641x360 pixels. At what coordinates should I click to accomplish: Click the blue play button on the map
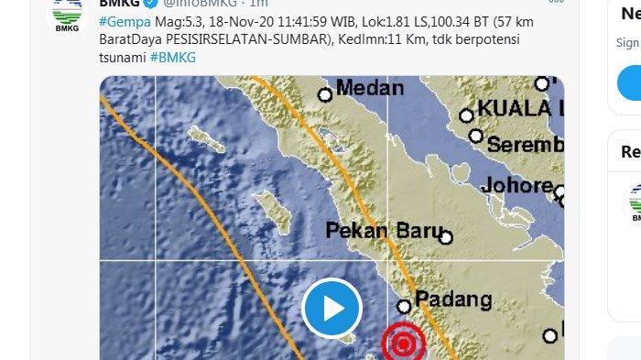pyautogui.click(x=331, y=309)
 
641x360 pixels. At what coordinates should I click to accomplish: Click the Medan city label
pyautogui.click(x=370, y=88)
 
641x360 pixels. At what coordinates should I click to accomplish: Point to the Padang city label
pyautogui.click(x=454, y=300)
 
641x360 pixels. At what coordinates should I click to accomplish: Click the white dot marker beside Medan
pyautogui.click(x=324, y=93)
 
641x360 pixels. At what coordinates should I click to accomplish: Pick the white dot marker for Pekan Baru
pyautogui.click(x=446, y=237)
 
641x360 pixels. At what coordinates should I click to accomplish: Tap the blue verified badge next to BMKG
pyautogui.click(x=153, y=4)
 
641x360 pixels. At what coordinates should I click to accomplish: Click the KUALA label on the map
pyautogui.click(x=518, y=108)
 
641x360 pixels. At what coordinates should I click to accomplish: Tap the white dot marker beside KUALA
pyautogui.click(x=467, y=115)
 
